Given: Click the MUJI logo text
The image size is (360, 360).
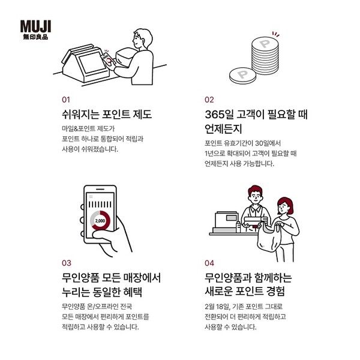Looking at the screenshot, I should pyautogui.click(x=35, y=26).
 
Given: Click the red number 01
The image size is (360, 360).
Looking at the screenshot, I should pyautogui.click(x=66, y=100).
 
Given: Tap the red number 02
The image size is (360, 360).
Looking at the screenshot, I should pyautogui.click(x=209, y=100).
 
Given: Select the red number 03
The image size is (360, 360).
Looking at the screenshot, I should pyautogui.click(x=66, y=263).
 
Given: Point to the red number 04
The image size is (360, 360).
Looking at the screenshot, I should pyautogui.click(x=209, y=263).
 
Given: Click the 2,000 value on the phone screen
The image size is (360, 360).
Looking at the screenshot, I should pyautogui.click(x=100, y=221).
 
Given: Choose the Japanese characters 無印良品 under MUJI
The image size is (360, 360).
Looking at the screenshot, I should pyautogui.click(x=35, y=37).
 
